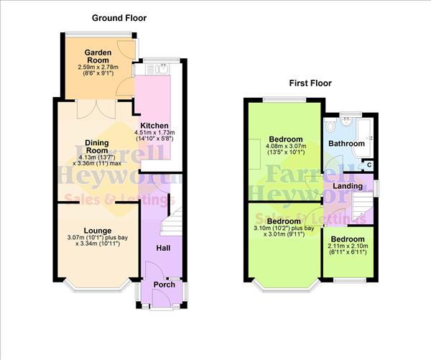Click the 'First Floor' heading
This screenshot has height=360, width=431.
click(310, 83)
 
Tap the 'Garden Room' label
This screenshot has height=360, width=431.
click(96, 57)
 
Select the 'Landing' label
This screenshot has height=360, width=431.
click(348, 186)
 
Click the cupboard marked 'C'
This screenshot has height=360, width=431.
click(369, 165)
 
